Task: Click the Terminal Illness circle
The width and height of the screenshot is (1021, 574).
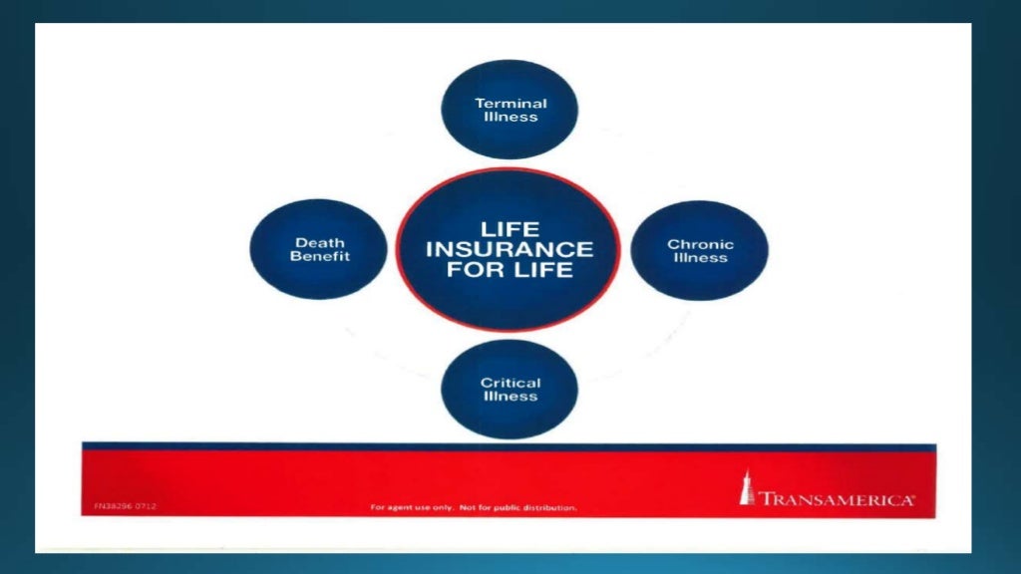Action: point(510,110)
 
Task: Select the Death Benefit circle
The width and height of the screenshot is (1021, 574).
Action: point(318,249)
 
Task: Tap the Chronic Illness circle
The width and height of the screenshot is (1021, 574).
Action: point(700,250)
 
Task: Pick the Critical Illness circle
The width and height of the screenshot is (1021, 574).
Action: point(510,389)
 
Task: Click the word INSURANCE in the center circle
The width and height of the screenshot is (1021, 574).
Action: point(510,249)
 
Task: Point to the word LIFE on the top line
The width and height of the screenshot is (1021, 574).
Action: point(510,229)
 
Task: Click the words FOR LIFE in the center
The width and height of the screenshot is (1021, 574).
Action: point(510,270)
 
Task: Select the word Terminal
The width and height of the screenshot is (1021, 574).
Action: point(510,103)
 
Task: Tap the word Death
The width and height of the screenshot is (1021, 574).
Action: point(319,242)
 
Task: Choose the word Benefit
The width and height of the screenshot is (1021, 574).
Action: point(320,256)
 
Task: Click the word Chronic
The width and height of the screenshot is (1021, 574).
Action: point(700,244)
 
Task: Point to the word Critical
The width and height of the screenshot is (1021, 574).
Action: point(510,383)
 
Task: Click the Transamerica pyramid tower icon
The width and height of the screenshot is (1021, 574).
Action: point(747,488)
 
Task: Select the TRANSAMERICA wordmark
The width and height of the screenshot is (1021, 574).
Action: point(836,499)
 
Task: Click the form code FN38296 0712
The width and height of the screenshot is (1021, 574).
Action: point(119,506)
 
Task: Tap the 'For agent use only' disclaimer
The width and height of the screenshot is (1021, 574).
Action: point(474,507)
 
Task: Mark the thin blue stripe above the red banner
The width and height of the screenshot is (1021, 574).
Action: point(509,446)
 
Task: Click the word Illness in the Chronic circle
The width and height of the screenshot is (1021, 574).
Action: point(700,258)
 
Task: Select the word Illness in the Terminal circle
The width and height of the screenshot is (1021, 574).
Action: point(510,117)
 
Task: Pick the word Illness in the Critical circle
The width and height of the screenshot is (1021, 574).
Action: point(510,397)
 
